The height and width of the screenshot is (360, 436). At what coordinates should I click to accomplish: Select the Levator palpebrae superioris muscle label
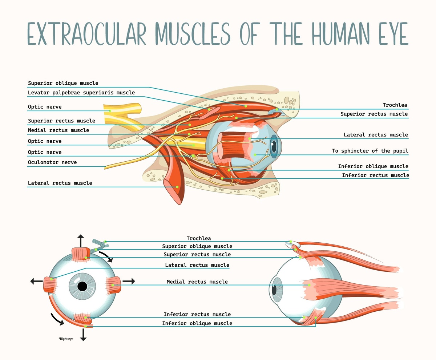81,93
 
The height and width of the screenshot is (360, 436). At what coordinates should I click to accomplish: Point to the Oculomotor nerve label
52,162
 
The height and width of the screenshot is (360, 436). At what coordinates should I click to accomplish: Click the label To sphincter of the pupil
370,151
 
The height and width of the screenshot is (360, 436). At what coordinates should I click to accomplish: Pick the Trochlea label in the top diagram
395,105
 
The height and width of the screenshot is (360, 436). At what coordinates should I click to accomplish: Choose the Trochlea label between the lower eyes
199,238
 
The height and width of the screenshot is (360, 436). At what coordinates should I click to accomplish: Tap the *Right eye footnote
66,339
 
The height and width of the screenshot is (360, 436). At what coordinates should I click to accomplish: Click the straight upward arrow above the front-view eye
81,240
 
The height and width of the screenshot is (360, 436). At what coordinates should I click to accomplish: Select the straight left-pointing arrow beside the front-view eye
36,281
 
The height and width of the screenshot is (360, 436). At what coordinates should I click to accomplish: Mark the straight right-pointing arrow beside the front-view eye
129,281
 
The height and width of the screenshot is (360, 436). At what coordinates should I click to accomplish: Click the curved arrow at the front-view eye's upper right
107,256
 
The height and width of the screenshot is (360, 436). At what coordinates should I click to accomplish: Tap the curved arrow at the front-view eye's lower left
57,319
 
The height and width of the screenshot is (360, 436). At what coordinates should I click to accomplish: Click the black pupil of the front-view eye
82,287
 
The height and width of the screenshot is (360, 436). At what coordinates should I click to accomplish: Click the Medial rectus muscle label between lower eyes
197,282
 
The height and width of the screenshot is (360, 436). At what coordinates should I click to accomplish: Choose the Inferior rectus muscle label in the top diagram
375,175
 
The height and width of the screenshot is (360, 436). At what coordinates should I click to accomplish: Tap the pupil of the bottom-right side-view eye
274,290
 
